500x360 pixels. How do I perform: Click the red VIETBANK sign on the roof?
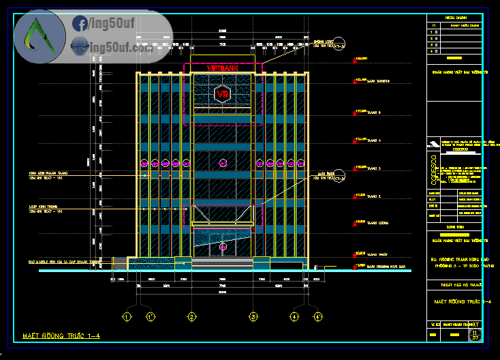click(222, 69)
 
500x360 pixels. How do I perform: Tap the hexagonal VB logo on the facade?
click(223, 95)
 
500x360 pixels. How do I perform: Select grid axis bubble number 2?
click(192, 316)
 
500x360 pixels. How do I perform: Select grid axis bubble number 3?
click(253, 316)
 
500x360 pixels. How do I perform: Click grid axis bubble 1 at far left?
click(126, 316)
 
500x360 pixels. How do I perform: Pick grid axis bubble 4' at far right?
click(318, 316)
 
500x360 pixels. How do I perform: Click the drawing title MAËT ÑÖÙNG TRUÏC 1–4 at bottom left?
click(61, 335)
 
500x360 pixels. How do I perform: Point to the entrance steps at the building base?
click(222, 265)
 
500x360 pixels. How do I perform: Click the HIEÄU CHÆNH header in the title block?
click(456, 18)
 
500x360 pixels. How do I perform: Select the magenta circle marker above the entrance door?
click(223, 164)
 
